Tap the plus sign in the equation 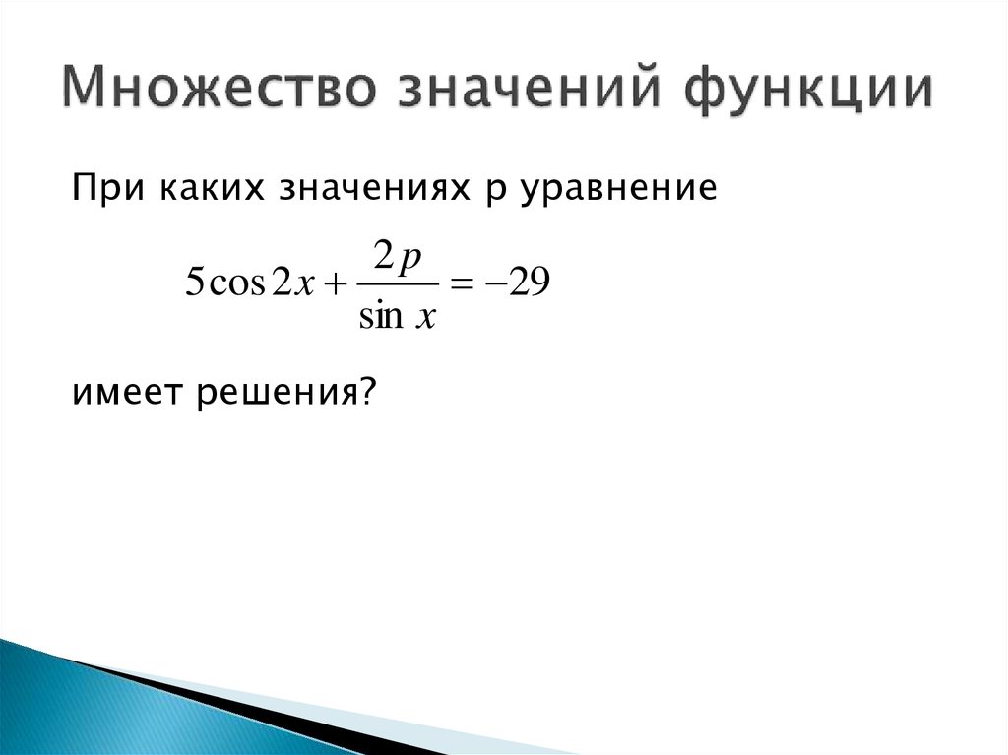(335, 284)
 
